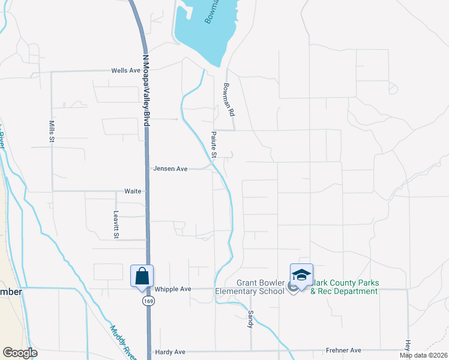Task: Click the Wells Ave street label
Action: pyautogui.click(x=125, y=70)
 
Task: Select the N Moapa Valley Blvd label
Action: pyautogui.click(x=145, y=90)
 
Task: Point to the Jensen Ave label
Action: pyautogui.click(x=170, y=169)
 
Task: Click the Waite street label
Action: pyautogui.click(x=133, y=191)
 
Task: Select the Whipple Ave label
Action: pyautogui.click(x=173, y=289)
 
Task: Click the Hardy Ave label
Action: pyautogui.click(x=170, y=352)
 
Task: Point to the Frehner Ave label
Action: pyautogui.click(x=343, y=350)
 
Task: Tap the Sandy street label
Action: pyautogui.click(x=250, y=319)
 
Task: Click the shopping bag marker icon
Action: pyautogui.click(x=142, y=276)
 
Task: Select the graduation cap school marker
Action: pyautogui.click(x=301, y=275)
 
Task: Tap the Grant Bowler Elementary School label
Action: pyautogui.click(x=259, y=287)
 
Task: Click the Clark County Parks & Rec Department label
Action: pyautogui.click(x=343, y=287)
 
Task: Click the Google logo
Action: pyautogui.click(x=20, y=353)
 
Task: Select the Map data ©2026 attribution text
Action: pyautogui.click(x=423, y=355)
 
